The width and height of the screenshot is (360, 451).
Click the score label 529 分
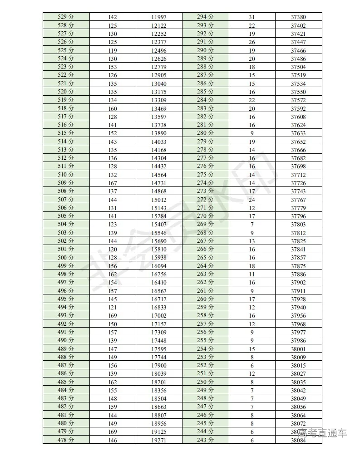coord(66,17)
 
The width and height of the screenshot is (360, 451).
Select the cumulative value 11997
coord(159,17)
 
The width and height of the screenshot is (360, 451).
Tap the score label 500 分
coord(66,258)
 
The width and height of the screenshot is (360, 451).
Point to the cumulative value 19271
coord(159,441)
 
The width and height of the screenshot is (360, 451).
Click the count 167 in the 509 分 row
coord(113,183)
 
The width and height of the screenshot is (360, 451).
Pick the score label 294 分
coord(205,17)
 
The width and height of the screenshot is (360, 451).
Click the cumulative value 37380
coord(298,17)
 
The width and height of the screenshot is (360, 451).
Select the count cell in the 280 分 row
coord(252,133)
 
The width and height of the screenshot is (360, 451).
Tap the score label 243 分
coord(205,440)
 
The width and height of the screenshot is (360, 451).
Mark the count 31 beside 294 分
coord(252,17)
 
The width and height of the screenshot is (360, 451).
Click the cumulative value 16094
coord(159,266)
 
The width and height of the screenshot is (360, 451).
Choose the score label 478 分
coord(66,440)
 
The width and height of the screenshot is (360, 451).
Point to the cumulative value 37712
coord(298,175)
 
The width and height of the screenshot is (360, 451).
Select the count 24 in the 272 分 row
coord(252,200)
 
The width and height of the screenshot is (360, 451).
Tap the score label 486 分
coord(66,373)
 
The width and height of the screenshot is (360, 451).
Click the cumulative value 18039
coord(159,374)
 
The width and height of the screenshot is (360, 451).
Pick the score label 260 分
coord(205,299)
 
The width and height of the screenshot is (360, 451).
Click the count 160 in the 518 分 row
coord(113,108)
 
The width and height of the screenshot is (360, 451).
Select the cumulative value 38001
coord(298,349)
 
